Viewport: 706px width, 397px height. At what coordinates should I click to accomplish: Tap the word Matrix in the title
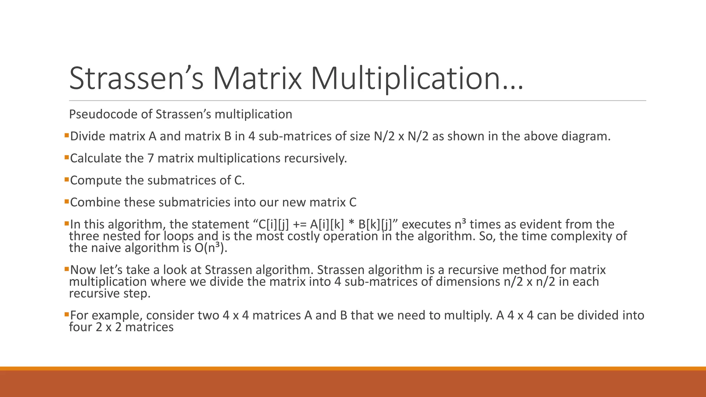tap(257, 79)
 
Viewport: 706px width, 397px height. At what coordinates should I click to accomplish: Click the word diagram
tap(586, 136)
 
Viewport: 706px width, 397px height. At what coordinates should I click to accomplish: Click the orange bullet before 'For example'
tap(67, 314)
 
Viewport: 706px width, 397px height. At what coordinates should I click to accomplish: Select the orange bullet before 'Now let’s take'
tap(67, 268)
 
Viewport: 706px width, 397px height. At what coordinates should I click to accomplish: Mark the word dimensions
tap(467, 282)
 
